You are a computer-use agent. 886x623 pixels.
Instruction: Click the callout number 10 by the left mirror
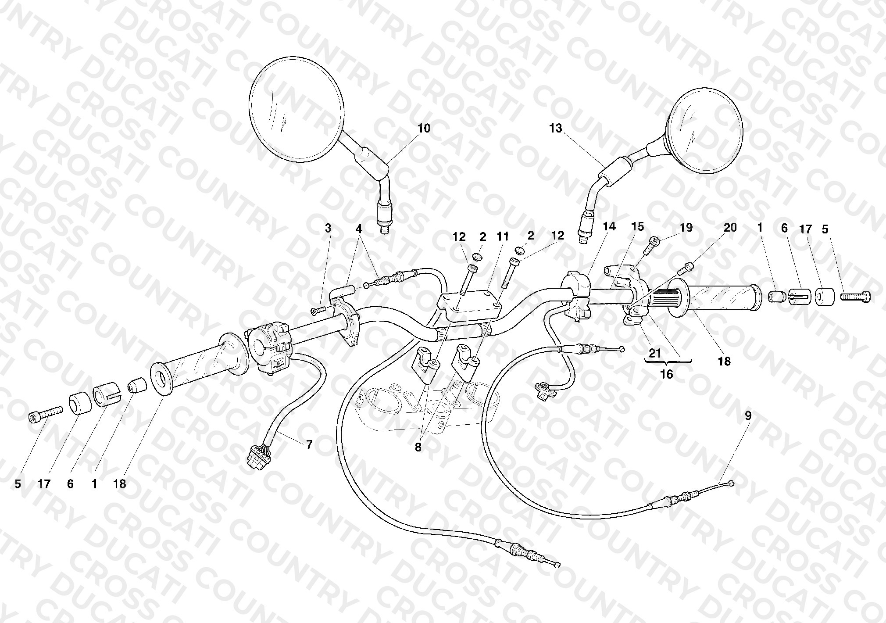424,129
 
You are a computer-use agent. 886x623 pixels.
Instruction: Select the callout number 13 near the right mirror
556,129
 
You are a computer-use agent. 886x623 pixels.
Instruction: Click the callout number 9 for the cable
748,415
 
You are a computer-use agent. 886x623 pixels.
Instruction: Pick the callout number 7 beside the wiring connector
309,445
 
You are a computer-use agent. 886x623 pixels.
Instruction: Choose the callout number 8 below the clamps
418,448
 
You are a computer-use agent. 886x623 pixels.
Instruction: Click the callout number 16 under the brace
667,375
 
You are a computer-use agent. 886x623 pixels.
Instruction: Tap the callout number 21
655,353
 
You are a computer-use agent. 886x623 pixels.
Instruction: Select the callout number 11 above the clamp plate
503,236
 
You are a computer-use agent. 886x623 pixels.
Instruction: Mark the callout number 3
328,228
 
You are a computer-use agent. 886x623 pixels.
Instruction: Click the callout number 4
359,229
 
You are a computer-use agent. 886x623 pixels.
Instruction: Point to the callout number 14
609,226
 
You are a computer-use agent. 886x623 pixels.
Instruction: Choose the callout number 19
686,227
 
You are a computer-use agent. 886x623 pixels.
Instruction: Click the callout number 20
730,227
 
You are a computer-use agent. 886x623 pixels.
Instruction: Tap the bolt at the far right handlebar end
855,297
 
